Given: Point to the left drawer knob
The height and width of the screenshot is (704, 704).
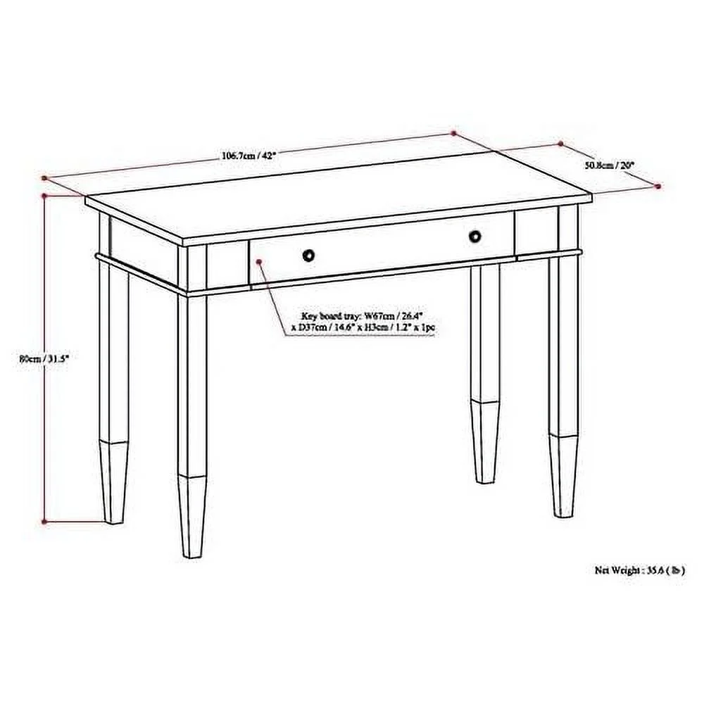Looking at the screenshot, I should (309, 255).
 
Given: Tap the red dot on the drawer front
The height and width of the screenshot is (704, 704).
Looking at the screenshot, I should (260, 262).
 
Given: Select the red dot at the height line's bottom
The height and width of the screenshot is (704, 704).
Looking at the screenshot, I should (44, 522).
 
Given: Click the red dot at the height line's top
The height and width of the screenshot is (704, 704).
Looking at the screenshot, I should (44, 195).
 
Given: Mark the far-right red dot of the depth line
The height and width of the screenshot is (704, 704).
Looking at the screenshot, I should (658, 187).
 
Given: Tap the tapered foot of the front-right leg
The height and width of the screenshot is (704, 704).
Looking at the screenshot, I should (564, 475).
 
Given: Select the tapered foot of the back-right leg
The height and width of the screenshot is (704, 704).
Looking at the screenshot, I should (485, 441).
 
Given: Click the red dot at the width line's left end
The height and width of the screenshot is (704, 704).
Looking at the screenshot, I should (44, 178).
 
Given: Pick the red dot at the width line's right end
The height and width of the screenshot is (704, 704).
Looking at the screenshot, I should (434, 132).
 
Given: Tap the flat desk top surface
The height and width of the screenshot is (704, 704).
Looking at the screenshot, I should (338, 201).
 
